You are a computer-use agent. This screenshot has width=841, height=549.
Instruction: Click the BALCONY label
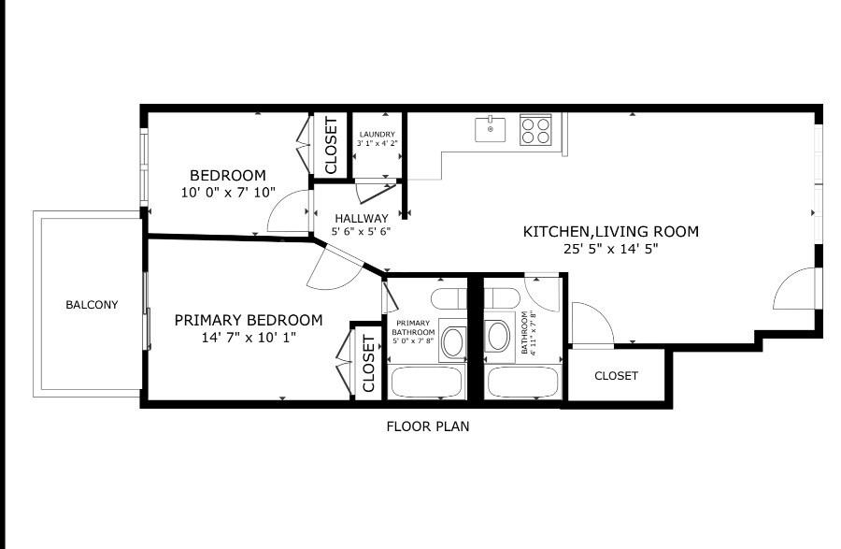pyautogui.click(x=92, y=304)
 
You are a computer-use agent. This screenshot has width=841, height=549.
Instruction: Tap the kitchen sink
pyautogui.click(x=490, y=128)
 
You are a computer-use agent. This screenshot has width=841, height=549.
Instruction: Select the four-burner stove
pyautogui.click(x=535, y=128)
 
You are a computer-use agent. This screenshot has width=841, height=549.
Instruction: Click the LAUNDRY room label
pyautogui.click(x=378, y=135)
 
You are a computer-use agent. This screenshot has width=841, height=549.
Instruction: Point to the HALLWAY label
pyautogui.click(x=361, y=218)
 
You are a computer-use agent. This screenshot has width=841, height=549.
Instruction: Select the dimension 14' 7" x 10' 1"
pyautogui.click(x=248, y=338)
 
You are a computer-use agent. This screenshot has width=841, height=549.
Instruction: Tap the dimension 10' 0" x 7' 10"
pyautogui.click(x=228, y=193)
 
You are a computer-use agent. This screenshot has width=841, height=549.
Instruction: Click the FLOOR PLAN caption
pyautogui.click(x=428, y=426)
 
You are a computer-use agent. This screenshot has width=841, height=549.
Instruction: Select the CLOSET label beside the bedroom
pyautogui.click(x=330, y=145)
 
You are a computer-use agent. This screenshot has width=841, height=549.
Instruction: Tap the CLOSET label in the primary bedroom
pyautogui.click(x=368, y=363)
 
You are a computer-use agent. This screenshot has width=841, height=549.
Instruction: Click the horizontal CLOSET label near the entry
pyautogui.click(x=616, y=376)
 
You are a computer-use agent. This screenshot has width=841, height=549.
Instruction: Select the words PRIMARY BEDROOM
pyautogui.click(x=249, y=320)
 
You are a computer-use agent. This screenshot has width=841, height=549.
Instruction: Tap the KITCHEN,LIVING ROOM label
pyautogui.click(x=610, y=232)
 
